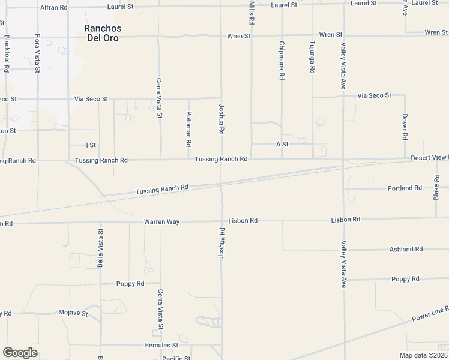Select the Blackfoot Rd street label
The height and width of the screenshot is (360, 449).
7,53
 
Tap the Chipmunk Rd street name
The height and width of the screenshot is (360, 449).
281,61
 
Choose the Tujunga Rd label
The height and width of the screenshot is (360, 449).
312,57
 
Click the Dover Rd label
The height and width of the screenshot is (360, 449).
405,127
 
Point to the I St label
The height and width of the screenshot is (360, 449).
91,145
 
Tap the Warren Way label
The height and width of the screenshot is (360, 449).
161,221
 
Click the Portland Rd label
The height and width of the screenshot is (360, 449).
405,188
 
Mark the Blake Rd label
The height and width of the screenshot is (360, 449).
436,188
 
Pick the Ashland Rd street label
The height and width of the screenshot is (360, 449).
406,249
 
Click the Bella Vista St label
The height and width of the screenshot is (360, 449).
100,247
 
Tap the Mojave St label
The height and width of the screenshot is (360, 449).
73,313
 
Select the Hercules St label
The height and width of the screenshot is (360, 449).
161,346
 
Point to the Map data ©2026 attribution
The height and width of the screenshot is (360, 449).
423,355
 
